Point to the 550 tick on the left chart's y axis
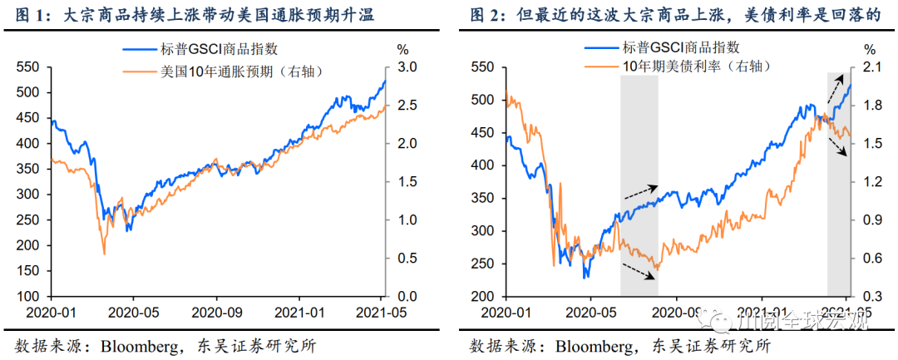29,67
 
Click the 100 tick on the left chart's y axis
29,297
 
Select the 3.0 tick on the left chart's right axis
403,67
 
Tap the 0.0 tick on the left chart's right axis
403,297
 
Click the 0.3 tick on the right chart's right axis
870,297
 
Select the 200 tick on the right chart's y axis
483,297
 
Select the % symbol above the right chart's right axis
870,49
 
